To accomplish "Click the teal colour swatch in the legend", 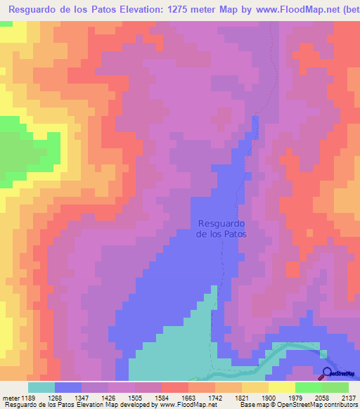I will tap(41, 387).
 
